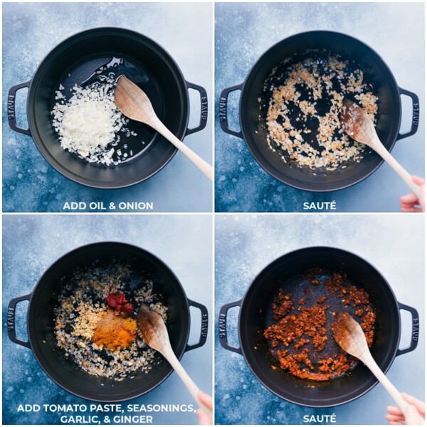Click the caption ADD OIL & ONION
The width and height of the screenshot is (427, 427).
107,206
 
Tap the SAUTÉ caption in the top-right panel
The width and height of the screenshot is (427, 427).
320,206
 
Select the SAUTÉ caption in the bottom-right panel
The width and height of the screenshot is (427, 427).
320,418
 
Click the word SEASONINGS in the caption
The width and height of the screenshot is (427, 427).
160,408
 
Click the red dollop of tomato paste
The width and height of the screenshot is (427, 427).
120,302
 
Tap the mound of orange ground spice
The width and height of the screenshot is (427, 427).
114,332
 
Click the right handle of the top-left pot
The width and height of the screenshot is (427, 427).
199,107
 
